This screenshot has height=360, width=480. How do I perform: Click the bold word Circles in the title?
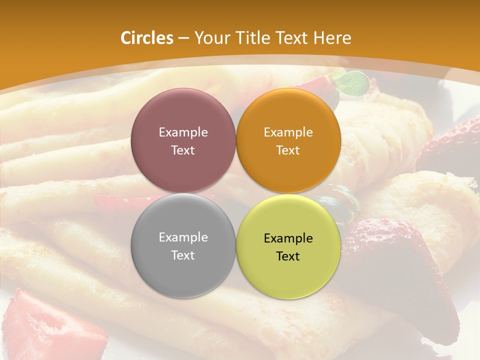click(x=146, y=38)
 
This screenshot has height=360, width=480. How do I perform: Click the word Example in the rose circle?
click(x=183, y=132)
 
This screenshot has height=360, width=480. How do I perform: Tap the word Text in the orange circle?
click(x=288, y=150)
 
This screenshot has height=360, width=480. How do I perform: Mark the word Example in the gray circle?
click(x=183, y=237)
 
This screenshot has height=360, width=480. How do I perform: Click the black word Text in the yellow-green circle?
click(x=288, y=256)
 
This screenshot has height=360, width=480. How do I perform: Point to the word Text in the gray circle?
click(x=183, y=255)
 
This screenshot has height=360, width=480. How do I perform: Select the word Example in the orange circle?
click(x=288, y=132)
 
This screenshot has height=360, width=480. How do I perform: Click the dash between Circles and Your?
click(x=183, y=38)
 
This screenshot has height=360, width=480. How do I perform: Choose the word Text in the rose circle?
click(x=183, y=150)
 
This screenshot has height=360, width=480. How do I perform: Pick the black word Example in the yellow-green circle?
click(x=288, y=238)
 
